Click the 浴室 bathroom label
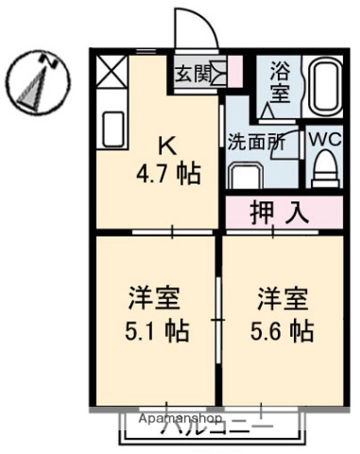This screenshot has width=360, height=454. tap(281, 82)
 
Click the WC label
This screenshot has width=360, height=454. tap(325, 138)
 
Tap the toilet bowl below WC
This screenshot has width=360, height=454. tap(325, 171)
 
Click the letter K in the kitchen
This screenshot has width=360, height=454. tap(165, 147)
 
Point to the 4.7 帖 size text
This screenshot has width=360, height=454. tap(166, 175)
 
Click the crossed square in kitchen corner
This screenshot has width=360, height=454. tap(112, 72)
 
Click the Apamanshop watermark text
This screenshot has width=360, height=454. tap(180, 417)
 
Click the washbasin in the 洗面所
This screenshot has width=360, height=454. tap(247, 176)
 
